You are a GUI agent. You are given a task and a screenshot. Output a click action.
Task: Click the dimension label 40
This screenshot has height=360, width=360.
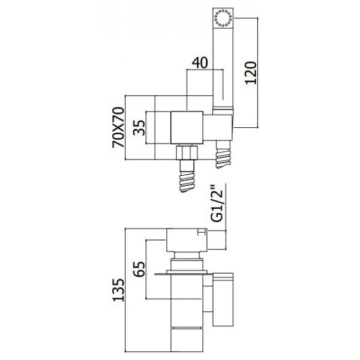click(x=200, y=62)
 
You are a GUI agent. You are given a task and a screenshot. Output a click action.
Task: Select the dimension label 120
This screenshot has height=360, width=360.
click(x=251, y=73)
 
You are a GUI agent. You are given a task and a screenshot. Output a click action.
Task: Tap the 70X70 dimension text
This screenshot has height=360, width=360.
click(x=118, y=127)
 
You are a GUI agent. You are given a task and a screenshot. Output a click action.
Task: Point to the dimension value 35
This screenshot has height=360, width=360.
click(x=139, y=128)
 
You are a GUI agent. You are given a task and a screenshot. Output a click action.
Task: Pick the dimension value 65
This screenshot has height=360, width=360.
click(x=139, y=269)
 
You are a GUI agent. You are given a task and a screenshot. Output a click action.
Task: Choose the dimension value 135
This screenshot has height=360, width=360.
click(x=118, y=290)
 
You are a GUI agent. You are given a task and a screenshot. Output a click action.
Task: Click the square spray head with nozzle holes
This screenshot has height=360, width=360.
click(x=223, y=18)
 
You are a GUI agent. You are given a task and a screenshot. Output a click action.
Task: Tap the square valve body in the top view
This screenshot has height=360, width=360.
click(x=187, y=128)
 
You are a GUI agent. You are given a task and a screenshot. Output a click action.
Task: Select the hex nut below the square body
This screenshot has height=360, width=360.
click(x=187, y=152)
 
